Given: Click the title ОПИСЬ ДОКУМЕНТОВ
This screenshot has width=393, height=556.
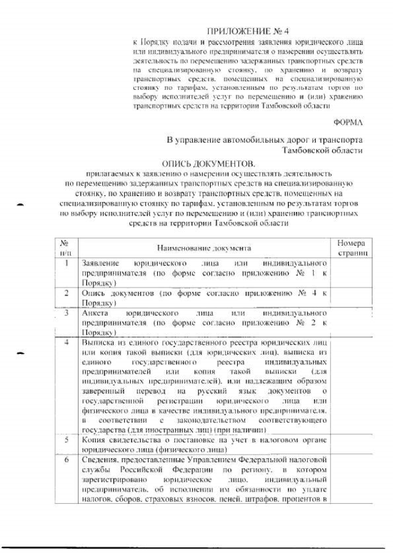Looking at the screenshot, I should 208,164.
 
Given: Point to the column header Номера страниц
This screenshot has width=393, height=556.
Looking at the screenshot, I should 352,248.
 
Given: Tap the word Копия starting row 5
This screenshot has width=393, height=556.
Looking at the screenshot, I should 94,440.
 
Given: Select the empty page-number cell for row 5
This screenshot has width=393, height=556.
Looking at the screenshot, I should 352,444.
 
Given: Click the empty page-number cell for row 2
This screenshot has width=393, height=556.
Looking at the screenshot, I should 352,297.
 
